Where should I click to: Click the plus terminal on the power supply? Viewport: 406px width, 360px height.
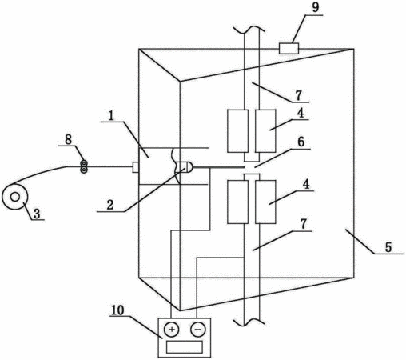172,330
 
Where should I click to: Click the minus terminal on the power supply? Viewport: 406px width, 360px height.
198,330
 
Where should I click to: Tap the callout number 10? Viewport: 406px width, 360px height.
117,310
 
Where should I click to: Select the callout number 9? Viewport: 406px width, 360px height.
315,7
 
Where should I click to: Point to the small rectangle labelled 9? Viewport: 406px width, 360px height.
289,49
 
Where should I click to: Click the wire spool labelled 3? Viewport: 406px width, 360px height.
15,197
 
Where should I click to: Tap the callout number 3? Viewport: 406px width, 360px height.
37,214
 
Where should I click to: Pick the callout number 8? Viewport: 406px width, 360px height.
69,139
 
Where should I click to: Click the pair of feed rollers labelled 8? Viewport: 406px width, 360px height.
84,166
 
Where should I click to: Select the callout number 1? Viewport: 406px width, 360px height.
111,116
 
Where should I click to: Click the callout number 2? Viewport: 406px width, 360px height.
110,205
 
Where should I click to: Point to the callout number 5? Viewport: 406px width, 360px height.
388,247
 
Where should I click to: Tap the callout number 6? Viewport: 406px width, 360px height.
301,142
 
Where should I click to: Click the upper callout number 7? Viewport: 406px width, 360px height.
298,96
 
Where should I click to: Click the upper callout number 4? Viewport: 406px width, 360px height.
301,114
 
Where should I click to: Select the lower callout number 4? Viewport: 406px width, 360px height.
306,184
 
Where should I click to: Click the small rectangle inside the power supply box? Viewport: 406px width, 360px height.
185,347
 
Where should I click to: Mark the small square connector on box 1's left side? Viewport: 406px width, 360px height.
136,167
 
